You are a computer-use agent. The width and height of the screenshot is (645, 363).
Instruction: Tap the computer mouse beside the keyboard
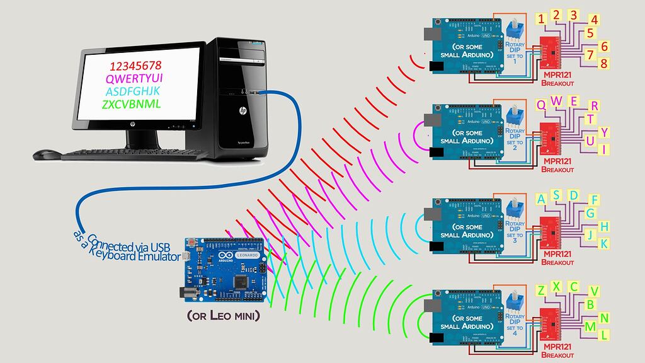click(46, 153)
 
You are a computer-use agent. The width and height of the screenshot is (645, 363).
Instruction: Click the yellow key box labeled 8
click(604, 64)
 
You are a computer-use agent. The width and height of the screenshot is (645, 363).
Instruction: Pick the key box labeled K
click(604, 243)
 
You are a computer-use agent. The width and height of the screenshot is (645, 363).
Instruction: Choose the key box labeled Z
click(541, 290)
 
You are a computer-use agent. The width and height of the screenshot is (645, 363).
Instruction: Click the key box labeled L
click(604, 335)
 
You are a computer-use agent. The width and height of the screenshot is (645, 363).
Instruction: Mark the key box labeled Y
click(604, 132)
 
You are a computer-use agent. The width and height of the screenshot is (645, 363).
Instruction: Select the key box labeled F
click(593, 200)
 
